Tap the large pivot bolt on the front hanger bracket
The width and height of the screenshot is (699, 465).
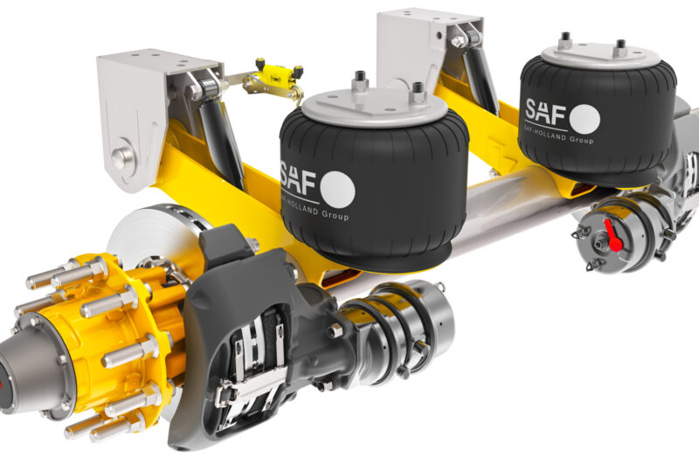123,158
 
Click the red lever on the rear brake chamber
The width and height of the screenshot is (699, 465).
609,233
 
